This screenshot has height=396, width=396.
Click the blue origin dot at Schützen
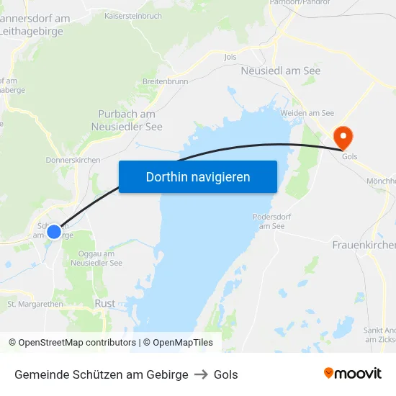(54, 232)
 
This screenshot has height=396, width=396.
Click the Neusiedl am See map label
(281, 71)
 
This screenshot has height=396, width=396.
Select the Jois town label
(230, 56)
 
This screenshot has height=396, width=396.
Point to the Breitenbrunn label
(166, 81)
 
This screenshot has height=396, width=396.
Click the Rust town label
(104, 303)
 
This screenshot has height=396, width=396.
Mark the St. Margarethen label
(35, 304)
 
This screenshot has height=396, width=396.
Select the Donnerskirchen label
(73, 159)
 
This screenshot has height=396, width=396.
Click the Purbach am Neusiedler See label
(127, 120)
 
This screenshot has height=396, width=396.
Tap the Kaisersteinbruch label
(133, 15)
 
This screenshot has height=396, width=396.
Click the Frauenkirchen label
(364, 246)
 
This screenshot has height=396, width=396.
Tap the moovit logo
(352, 374)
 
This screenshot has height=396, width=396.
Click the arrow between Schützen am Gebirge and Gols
(201, 374)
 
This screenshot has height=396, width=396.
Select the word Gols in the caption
(226, 374)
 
